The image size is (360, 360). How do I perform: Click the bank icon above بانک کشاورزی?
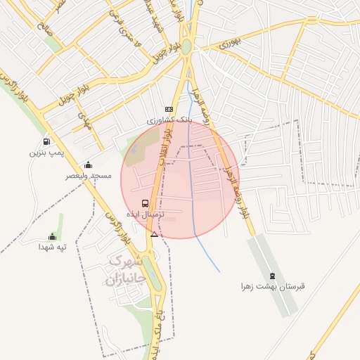[168, 109]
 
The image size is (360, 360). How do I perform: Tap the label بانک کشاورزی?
[168, 120]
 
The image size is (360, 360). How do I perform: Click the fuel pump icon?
[46, 141]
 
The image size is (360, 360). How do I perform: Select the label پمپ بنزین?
[41, 152]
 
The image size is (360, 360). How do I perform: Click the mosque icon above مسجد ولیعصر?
[88, 165]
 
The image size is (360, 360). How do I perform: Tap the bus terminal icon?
[145, 203]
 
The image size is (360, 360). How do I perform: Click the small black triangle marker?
[155, 234]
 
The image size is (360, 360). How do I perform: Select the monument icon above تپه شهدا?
[51, 237]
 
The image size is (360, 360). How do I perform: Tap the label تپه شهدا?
[51, 247]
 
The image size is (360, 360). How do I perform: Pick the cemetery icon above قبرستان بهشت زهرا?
[273, 275]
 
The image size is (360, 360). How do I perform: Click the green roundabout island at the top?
[186, 48]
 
